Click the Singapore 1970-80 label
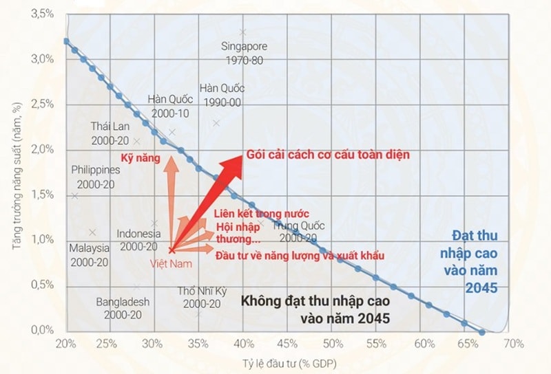(244, 53)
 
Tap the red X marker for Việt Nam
(171, 250)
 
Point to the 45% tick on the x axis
(288, 344)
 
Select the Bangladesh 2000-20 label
(123, 308)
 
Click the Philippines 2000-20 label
(95, 177)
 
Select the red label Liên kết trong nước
(261, 213)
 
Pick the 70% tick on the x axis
(514, 344)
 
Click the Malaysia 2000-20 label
(89, 254)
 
